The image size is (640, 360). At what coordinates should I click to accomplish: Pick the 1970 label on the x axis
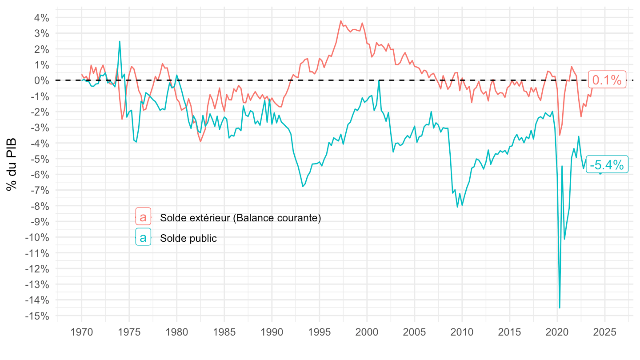pyautogui.click(x=82, y=332)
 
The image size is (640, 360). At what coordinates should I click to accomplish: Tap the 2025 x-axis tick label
pyautogui.click(x=605, y=332)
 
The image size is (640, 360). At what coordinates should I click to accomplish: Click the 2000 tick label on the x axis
pyautogui.click(x=367, y=332)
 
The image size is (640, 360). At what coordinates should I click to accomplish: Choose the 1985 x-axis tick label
pyautogui.click(x=224, y=332)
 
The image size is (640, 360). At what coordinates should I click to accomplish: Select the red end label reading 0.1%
pyautogui.click(x=607, y=80)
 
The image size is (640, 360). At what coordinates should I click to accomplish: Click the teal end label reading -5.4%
pyautogui.click(x=607, y=165)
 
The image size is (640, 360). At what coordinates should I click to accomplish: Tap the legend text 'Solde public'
pyautogui.click(x=188, y=238)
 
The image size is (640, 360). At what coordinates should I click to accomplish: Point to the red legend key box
pyautogui.click(x=143, y=217)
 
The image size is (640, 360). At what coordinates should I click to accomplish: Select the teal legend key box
pyautogui.click(x=143, y=238)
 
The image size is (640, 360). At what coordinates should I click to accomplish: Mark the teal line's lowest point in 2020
pyautogui.click(x=560, y=308)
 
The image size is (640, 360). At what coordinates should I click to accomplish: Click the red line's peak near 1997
pyautogui.click(x=341, y=21)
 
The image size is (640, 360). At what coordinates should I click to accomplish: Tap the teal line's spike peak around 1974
pyautogui.click(x=120, y=41)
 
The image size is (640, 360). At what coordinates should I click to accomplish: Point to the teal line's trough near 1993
pyautogui.click(x=303, y=186)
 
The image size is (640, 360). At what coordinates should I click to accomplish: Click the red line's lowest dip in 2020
pyautogui.click(x=560, y=135)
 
